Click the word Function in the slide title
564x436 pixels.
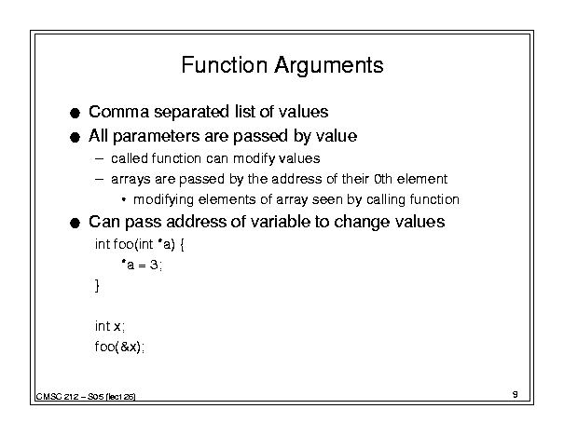coord(225,65)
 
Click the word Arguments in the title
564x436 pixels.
coord(329,67)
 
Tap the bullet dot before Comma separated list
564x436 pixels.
coord(75,114)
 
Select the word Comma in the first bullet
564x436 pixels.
coord(118,112)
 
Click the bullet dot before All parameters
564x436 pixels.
coord(75,137)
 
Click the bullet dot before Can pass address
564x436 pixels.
coord(75,224)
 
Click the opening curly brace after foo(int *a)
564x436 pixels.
coord(182,245)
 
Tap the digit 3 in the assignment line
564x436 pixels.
coord(154,266)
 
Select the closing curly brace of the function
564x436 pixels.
coord(97,286)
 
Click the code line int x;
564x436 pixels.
coord(110,326)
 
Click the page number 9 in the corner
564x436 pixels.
coord(516,394)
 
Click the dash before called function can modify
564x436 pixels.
coord(99,158)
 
